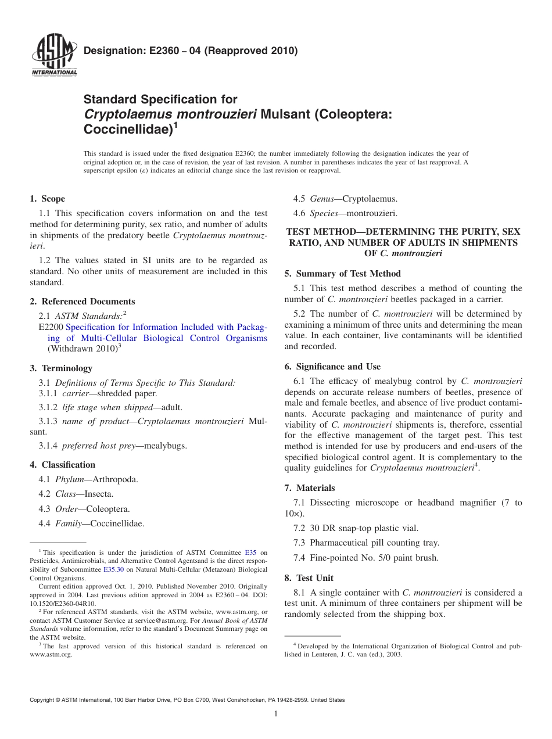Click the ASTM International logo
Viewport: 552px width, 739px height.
coord(54,56)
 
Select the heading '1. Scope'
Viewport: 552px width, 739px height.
coord(48,199)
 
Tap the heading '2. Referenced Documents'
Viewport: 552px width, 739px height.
coord(83,302)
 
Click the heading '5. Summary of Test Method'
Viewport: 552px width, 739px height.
coord(343,274)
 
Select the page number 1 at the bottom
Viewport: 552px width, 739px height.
coord(276,714)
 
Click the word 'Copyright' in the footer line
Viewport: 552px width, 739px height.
coord(44,700)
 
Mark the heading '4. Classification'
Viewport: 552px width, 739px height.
coord(63,465)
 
